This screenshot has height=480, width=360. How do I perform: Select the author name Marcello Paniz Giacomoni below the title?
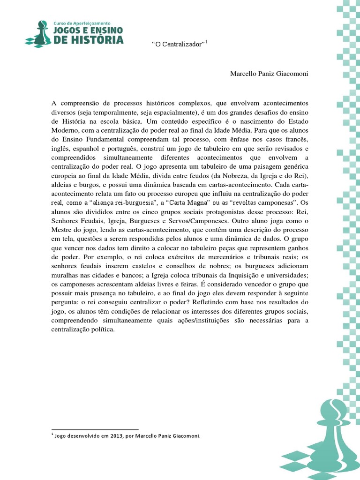coord(270,74)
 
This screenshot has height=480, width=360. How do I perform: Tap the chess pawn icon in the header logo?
coord(40,33)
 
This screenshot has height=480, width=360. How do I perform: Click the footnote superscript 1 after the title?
coord(207,42)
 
